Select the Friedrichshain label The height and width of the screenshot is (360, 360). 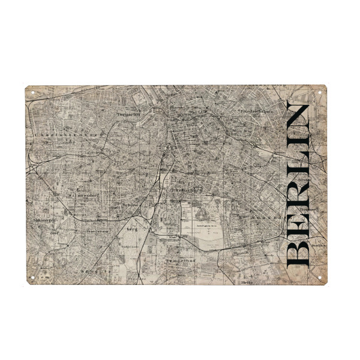tap(256, 112)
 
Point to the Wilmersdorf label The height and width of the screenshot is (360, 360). tap(81, 195)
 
